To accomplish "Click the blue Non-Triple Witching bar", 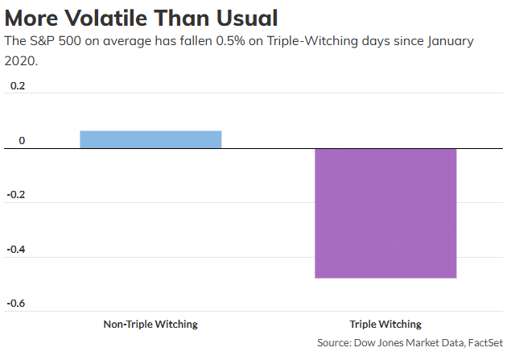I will pyautogui.click(x=150, y=139).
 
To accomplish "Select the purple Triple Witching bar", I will pyautogui.click(x=385, y=213).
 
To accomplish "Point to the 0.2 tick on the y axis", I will pyautogui.click(x=17, y=86).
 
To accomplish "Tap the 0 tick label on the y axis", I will pyautogui.click(x=22, y=141).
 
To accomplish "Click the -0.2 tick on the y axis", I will pyautogui.click(x=15, y=195).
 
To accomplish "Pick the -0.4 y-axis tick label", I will pyautogui.click(x=15, y=249).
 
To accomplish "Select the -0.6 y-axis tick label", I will pyautogui.click(x=15, y=304).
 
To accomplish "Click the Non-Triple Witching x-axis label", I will pyautogui.click(x=150, y=325).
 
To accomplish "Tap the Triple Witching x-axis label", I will pyautogui.click(x=385, y=325).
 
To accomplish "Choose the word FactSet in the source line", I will pyautogui.click(x=481, y=342).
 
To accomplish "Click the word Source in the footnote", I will pyautogui.click(x=336, y=342).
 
